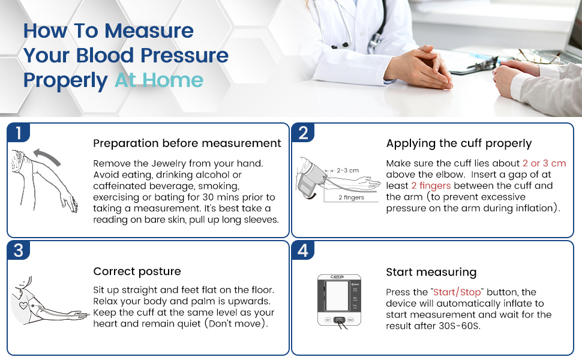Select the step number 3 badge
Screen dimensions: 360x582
19,250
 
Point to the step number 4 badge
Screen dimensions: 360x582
303,250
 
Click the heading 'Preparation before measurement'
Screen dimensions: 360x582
187,143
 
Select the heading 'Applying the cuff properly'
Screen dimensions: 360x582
459,143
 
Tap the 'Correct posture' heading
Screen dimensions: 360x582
137,271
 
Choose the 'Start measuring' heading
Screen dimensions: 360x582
431,272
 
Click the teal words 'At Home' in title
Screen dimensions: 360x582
159,80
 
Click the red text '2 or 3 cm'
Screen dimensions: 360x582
544,163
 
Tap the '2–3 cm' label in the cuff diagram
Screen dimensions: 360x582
347,170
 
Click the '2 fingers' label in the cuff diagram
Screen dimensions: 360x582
351,197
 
